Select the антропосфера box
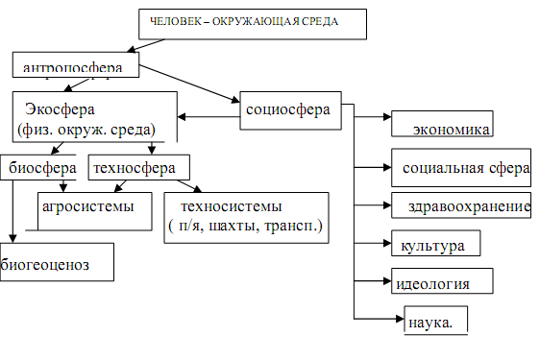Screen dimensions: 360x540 click(x=76, y=67)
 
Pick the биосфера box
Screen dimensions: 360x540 click(x=36, y=168)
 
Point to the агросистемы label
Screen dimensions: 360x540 click(x=87, y=204)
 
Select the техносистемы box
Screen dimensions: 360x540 click(x=246, y=216)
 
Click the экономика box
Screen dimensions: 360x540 click(x=451, y=129)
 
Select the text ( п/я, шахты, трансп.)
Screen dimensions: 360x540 click(x=246, y=227)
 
